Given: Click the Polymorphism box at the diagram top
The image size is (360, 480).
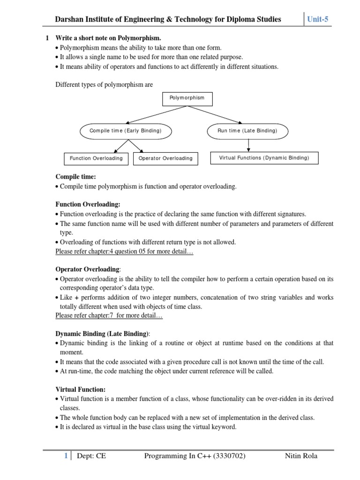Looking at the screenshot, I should (187, 98).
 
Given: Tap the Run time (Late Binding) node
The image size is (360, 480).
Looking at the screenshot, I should (247, 131).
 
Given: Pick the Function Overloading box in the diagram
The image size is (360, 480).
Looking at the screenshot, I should (96, 158).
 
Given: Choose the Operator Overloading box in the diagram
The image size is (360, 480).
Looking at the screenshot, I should (165, 158).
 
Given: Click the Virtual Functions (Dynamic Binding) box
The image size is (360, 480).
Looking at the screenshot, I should (264, 158).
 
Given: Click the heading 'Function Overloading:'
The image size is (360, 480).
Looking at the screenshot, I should (88, 204).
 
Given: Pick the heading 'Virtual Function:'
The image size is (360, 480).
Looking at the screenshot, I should (80, 389).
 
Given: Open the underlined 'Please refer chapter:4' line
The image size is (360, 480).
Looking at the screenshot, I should (124, 252).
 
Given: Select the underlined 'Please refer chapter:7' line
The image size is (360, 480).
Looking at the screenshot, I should (109, 316).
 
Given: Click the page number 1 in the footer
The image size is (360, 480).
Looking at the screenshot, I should (66, 456).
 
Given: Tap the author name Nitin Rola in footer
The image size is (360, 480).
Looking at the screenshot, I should (301, 456).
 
